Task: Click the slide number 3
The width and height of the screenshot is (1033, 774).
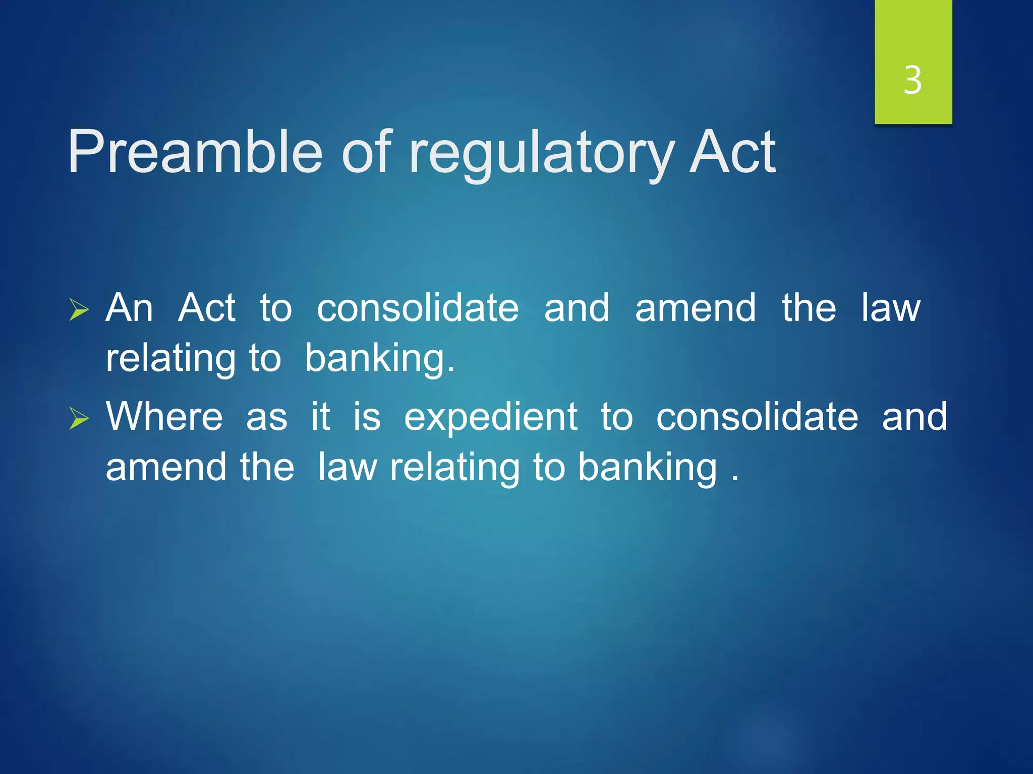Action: [913, 81]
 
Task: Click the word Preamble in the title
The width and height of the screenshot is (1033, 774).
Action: [195, 152]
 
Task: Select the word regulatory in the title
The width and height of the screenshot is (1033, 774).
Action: [542, 154]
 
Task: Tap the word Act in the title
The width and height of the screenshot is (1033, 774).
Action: [732, 152]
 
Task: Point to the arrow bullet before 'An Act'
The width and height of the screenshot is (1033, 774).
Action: [79, 309]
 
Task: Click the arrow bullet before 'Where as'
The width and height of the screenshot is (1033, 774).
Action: [79, 418]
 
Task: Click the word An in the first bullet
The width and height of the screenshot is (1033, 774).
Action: [129, 307]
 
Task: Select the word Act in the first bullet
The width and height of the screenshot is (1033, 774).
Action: [207, 307]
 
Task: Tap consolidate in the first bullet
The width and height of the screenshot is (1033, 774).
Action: [418, 307]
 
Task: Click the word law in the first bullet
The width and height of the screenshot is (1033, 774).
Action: [891, 307]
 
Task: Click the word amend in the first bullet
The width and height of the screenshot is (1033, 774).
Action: [695, 307]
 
